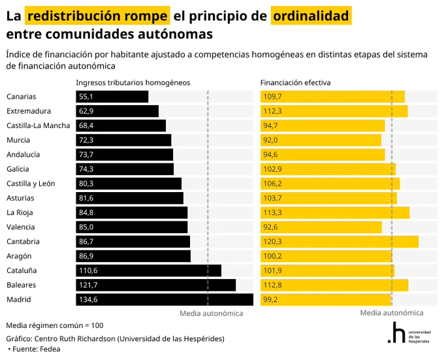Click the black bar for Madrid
(x=165, y=299)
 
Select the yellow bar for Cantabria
(x=340, y=242)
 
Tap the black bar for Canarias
(x=112, y=97)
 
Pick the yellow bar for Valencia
(x=321, y=227)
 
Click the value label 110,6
(x=88, y=270)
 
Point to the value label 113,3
(x=273, y=212)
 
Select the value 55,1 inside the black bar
(x=86, y=97)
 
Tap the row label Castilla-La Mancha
(x=39, y=125)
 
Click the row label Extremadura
(x=29, y=111)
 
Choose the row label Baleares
(x=22, y=285)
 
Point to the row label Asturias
(x=20, y=198)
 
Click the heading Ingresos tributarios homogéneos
(x=133, y=83)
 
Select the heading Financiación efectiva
(x=295, y=83)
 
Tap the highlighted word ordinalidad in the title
(x=311, y=16)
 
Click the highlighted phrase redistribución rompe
(x=97, y=16)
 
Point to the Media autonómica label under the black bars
(x=212, y=314)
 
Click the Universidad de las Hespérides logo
(x=409, y=333)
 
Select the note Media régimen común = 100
(x=55, y=325)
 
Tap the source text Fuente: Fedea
(x=37, y=349)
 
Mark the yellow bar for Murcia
(x=321, y=140)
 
